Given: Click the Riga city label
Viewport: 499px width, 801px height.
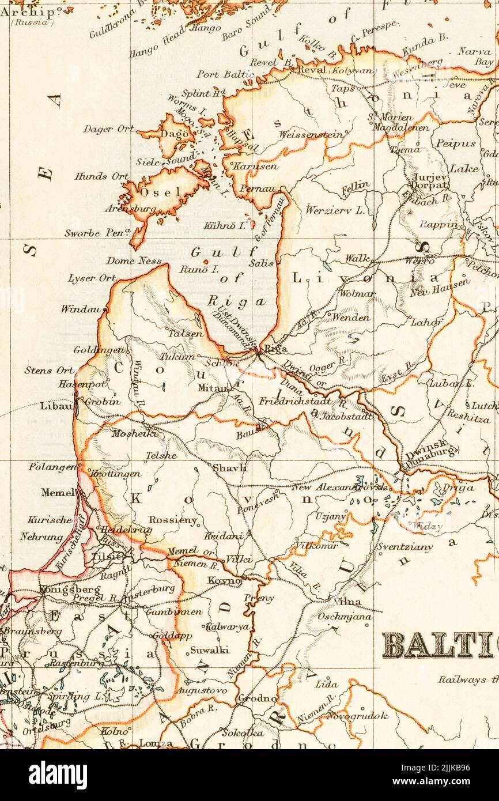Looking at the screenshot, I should (x=276, y=349).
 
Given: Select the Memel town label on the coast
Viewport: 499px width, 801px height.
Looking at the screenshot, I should (x=58, y=492).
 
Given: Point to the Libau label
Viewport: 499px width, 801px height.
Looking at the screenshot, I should (x=56, y=406).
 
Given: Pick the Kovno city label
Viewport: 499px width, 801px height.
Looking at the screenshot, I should (x=224, y=580).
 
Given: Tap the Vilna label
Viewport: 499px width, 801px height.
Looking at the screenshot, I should (x=347, y=602).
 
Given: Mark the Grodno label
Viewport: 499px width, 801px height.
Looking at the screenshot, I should (x=257, y=698).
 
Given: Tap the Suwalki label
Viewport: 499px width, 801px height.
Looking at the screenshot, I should (x=209, y=649).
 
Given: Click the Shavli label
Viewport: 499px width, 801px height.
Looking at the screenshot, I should (x=229, y=468).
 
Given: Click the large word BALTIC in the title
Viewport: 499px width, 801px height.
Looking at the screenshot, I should (x=438, y=645).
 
